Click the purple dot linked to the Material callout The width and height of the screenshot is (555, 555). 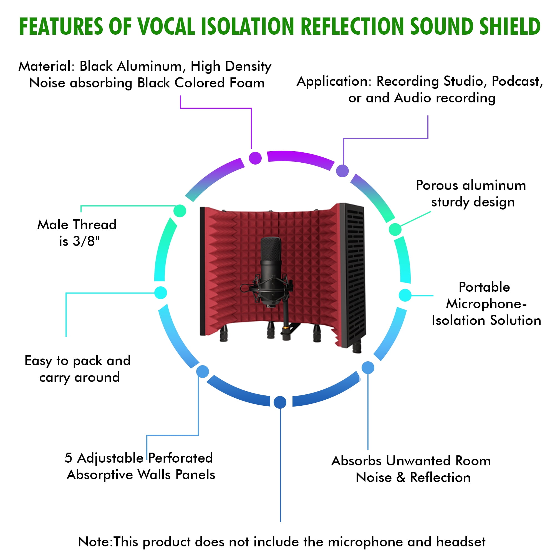tap(255, 158)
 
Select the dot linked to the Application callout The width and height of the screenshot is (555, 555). tap(342, 171)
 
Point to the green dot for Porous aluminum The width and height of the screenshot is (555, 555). tap(395, 229)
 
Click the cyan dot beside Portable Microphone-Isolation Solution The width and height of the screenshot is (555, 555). tap(405, 295)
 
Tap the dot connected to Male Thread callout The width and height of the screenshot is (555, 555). tap(180, 211)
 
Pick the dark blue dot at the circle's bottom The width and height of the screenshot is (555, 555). tap(280, 402)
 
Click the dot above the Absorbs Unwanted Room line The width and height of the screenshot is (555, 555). tap(368, 368)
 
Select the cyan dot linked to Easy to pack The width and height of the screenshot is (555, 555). tap(161, 293)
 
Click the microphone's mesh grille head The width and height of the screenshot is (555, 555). tap(271, 248)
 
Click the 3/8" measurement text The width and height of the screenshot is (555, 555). tap(86, 241)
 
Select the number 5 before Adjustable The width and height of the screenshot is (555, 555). tap(68, 458)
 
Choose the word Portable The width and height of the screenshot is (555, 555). tap(484, 287)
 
